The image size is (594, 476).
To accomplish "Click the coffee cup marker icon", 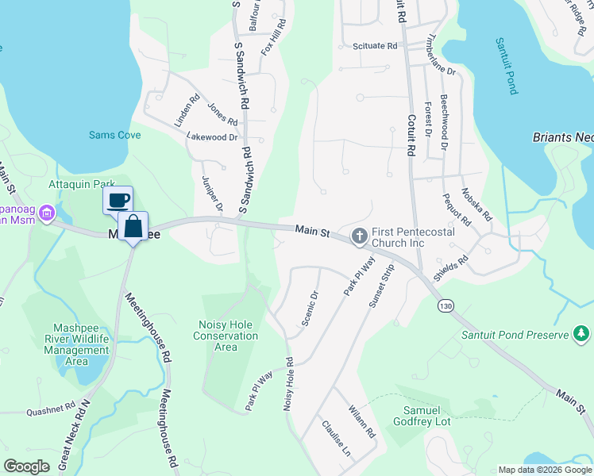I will (x=118, y=200).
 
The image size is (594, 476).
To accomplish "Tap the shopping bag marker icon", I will (x=133, y=225).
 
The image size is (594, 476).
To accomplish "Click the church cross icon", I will (x=359, y=236).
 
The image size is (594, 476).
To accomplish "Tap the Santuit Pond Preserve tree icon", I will (x=581, y=335).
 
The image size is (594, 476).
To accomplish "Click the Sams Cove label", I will (x=114, y=136).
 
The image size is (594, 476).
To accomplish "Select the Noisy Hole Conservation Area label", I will (x=226, y=336).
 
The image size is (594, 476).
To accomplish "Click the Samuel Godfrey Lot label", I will (x=421, y=416).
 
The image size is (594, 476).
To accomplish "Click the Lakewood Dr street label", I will (x=212, y=137).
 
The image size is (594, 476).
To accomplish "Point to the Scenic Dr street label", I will (x=309, y=309).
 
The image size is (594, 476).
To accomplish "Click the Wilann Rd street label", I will (x=361, y=422).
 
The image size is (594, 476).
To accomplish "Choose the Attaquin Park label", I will (x=83, y=184).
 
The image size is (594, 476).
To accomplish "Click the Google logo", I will (x=27, y=466).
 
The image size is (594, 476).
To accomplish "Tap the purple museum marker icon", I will (x=46, y=213).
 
